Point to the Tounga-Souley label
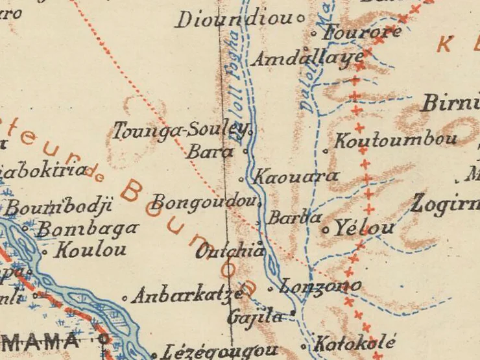181,131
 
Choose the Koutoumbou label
395,139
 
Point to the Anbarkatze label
187,296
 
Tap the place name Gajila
256,317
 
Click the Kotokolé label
354,342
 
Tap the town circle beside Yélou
326,230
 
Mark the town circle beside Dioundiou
300,19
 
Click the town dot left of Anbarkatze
125,298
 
